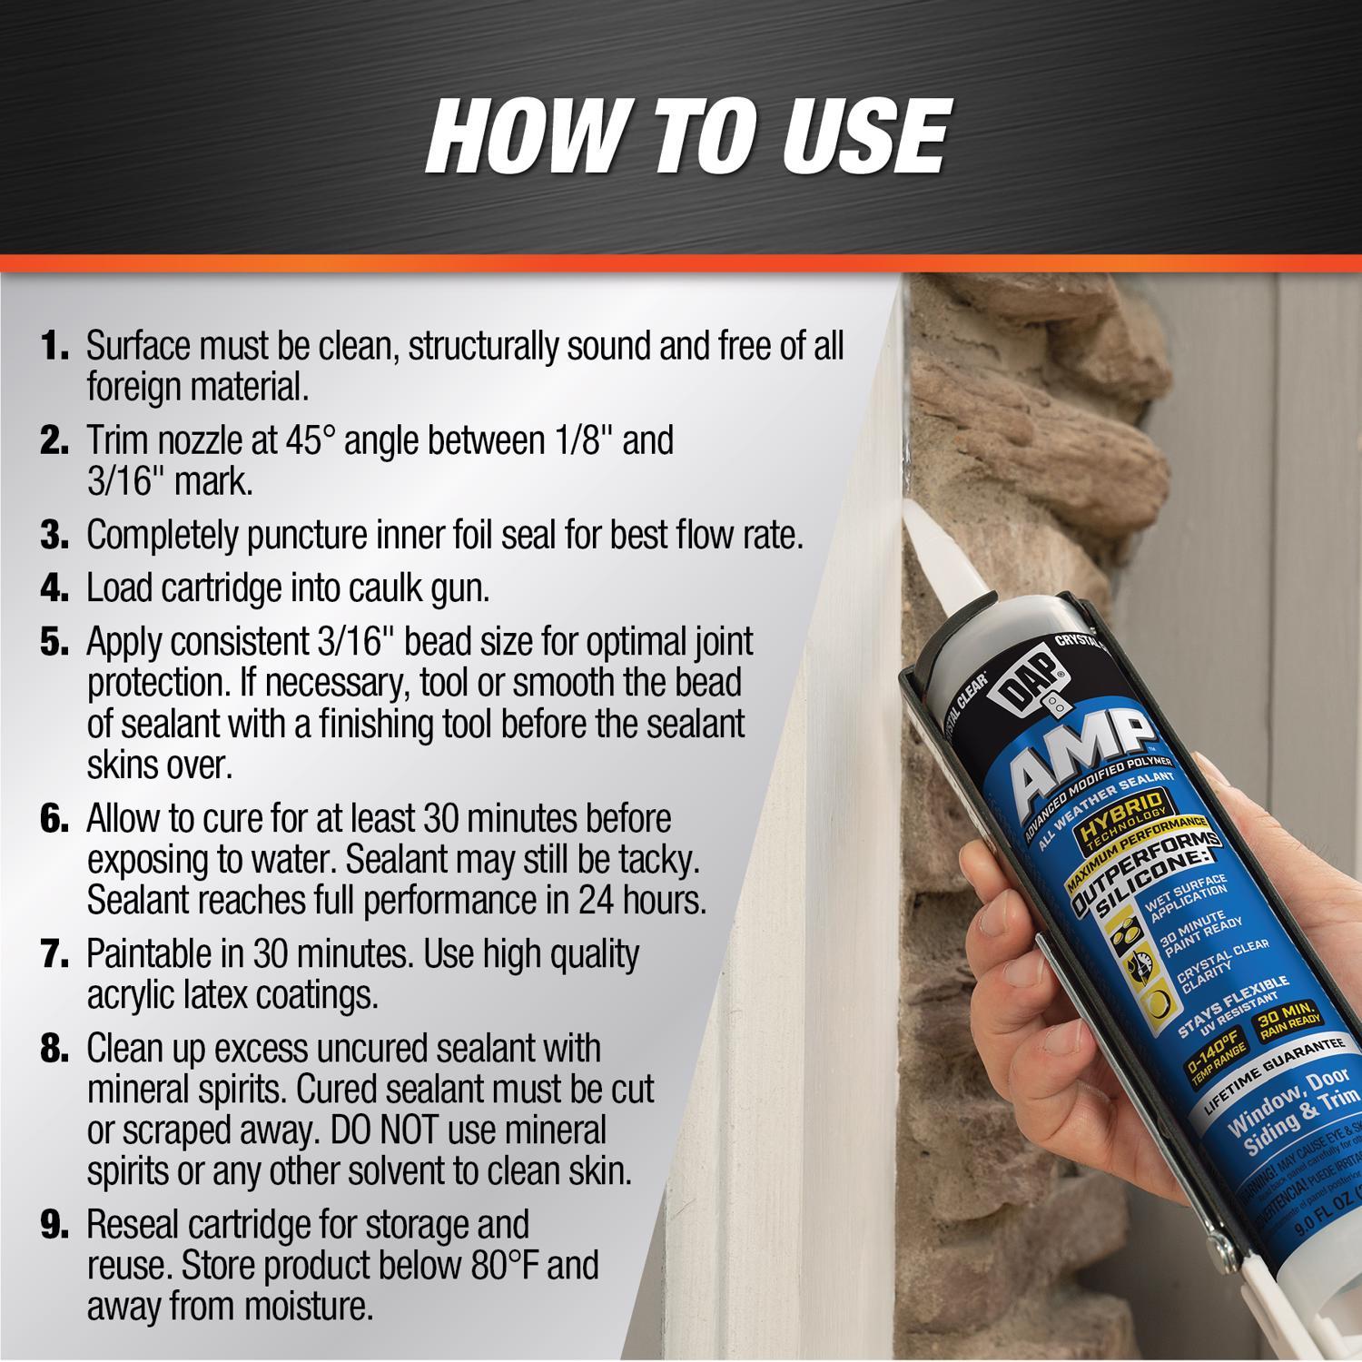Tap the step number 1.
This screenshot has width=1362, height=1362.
coord(54,347)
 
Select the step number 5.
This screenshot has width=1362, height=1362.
coord(54,643)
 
